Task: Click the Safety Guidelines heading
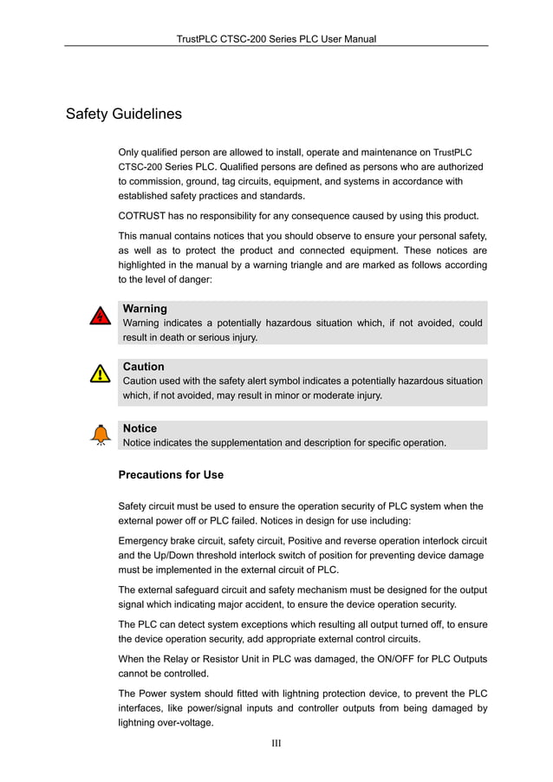pyautogui.click(x=124, y=114)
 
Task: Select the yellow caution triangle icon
pyautogui.click(x=101, y=374)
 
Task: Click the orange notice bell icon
pyautogui.click(x=101, y=433)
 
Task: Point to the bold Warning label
pyautogui.click(x=145, y=309)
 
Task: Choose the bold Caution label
pyautogui.click(x=143, y=367)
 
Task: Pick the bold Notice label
pyautogui.click(x=140, y=428)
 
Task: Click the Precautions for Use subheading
pyautogui.click(x=171, y=475)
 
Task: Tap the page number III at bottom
pyautogui.click(x=276, y=743)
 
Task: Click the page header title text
pyautogui.click(x=276, y=39)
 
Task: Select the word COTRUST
pyautogui.click(x=145, y=216)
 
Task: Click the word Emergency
pyautogui.click(x=146, y=540)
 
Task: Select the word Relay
pyautogui.click(x=190, y=658)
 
